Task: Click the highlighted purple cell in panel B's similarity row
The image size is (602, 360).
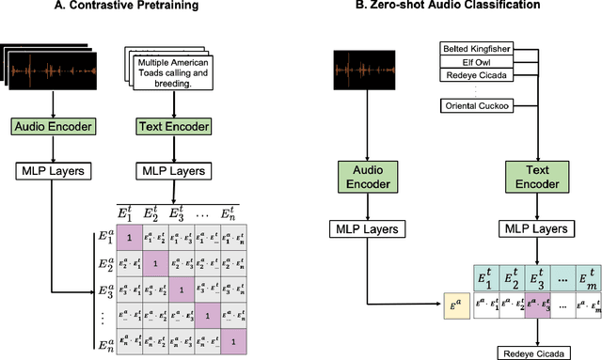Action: click(534, 303)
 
